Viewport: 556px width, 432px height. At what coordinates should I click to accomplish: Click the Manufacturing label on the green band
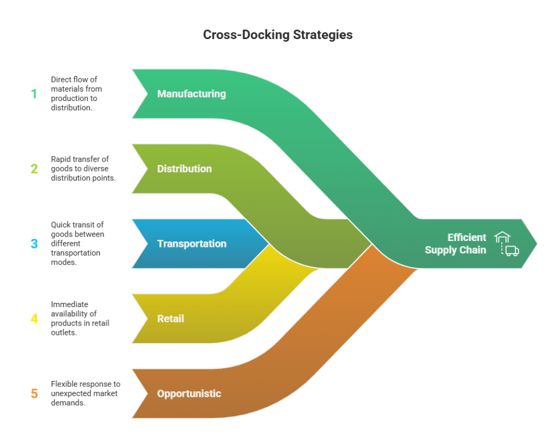[x=191, y=94]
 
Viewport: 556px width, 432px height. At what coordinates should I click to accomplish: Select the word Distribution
[x=184, y=169]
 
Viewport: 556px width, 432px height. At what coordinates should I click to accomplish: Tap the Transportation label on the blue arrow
[x=191, y=244]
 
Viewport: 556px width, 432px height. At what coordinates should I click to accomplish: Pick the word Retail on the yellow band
[x=170, y=319]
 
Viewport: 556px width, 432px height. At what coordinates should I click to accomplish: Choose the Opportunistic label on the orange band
[x=189, y=393]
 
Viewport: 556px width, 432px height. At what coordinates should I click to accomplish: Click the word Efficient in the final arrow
[x=466, y=237]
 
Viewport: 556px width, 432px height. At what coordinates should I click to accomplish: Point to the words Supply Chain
[x=455, y=250]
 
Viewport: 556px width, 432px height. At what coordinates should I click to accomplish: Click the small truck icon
[x=511, y=251]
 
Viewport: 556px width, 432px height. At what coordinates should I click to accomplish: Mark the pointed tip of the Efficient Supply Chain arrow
[x=536, y=244]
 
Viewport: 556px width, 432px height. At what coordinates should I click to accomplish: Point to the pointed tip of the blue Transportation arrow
[x=268, y=244]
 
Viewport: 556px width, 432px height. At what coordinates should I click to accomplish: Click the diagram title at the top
[x=277, y=40]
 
